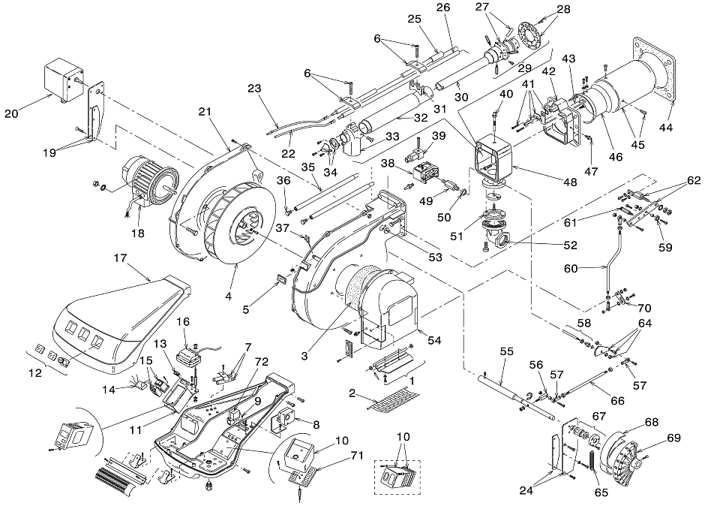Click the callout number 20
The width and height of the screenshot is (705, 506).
point(12,113)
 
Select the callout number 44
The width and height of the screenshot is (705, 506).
point(666,128)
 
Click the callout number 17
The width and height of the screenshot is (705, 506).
point(121,258)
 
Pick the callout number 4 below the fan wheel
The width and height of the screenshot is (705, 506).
point(229,297)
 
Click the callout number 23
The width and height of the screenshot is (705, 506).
point(254,89)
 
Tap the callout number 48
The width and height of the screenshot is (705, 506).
point(570,182)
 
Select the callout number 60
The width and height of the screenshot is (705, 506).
point(571,269)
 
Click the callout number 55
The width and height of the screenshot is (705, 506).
point(507,351)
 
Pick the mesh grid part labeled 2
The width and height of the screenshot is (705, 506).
point(394,399)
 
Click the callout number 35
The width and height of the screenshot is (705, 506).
point(308,167)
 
